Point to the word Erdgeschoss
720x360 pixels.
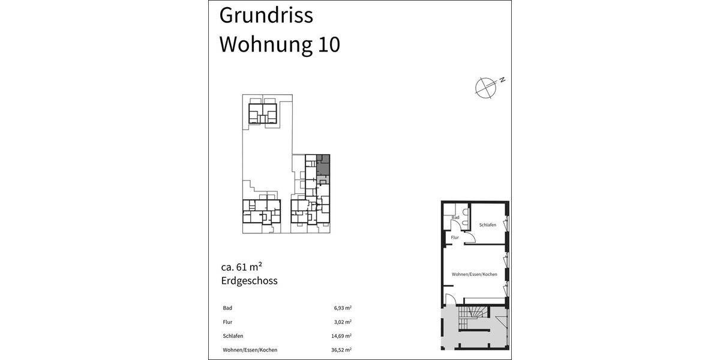click(x=249, y=280)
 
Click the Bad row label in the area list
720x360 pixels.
click(x=227, y=308)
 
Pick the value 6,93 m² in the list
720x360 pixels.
click(x=343, y=308)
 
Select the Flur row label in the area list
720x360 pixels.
click(x=227, y=322)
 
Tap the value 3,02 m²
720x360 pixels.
click(x=343, y=322)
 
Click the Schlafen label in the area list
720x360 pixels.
click(x=233, y=336)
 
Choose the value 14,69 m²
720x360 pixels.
click(x=341, y=336)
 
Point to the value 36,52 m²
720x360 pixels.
click(x=341, y=350)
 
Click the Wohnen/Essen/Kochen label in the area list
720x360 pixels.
click(x=250, y=350)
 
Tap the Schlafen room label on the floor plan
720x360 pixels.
click(x=487, y=225)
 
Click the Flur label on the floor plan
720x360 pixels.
click(x=455, y=238)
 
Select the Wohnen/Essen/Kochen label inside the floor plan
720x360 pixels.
click(x=475, y=274)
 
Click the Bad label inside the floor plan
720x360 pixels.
click(x=455, y=217)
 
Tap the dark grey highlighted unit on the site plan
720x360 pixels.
click(x=323, y=164)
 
